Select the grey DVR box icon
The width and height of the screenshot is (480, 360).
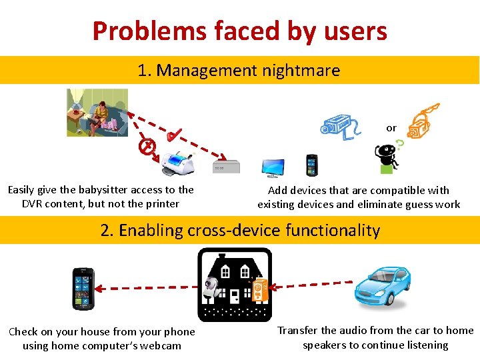tap(225, 167)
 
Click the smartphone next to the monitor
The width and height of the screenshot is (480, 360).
tap(312, 165)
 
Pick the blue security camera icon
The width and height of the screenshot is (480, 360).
tap(340, 125)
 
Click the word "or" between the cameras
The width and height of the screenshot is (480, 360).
tap(391, 128)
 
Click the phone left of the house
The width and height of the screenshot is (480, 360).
tap(83, 288)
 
